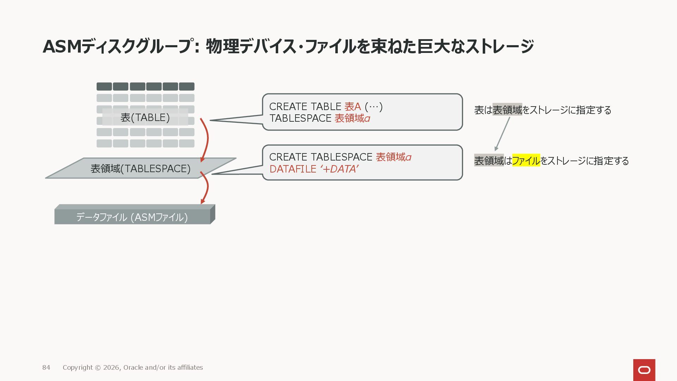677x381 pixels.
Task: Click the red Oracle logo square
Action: point(644,370)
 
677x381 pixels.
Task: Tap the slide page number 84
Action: point(46,368)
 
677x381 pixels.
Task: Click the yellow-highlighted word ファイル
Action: point(526,161)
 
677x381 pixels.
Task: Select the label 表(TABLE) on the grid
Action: point(145,117)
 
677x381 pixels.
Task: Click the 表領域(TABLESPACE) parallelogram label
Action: point(140,169)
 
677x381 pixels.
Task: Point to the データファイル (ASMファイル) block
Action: point(132,217)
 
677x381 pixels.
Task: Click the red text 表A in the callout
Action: point(352,107)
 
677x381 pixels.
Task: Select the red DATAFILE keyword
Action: point(293,169)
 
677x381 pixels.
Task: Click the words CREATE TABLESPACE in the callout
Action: point(321,157)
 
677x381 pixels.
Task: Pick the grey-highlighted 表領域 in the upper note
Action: point(507,110)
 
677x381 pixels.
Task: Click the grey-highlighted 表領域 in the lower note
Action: point(489,161)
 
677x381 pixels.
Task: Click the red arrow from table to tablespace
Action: point(205,139)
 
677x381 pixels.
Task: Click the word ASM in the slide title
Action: point(62,47)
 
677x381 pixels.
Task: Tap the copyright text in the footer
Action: point(133,368)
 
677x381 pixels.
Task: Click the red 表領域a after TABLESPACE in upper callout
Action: point(352,119)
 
